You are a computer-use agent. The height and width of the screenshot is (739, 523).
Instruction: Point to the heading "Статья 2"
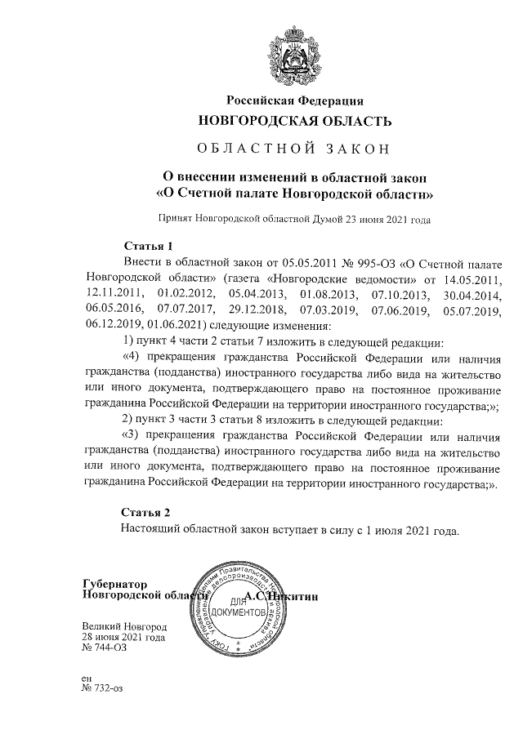coord(146,513)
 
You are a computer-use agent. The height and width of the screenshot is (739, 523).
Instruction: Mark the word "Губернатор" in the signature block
coord(115,584)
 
